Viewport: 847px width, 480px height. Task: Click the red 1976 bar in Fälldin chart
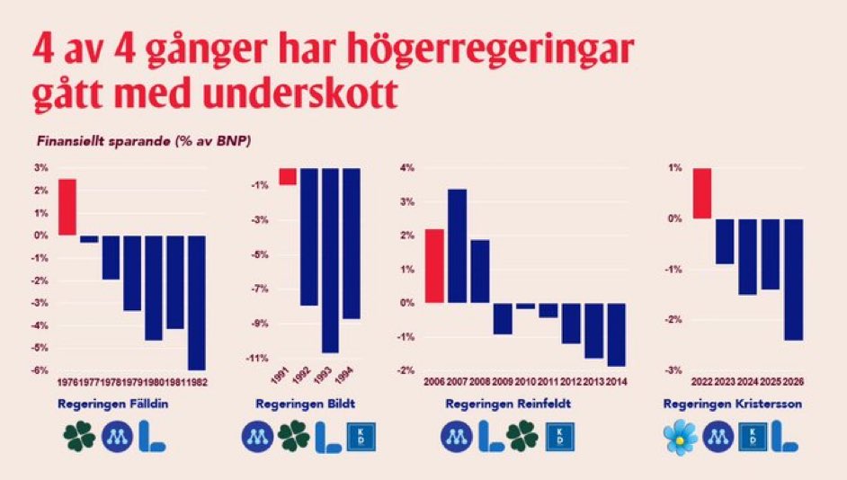click(67, 207)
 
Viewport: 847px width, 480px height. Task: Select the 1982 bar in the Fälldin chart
click(197, 302)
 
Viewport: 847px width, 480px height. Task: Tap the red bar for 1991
click(287, 176)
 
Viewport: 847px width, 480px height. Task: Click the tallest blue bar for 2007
click(457, 245)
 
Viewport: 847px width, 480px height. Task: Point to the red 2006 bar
click(434, 266)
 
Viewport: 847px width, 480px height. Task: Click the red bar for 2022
click(702, 193)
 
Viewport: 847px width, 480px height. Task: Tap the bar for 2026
click(792, 280)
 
